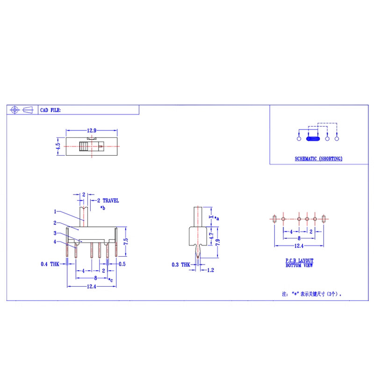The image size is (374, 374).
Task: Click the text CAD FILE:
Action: pos(50,110)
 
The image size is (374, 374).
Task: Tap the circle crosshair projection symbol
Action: pos(14,110)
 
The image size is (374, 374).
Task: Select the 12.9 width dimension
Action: pos(92,130)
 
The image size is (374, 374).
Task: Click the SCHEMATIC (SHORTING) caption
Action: pos(318,159)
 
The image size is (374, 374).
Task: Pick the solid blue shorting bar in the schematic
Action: pos(312,138)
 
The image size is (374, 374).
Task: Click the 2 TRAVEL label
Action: pos(108,201)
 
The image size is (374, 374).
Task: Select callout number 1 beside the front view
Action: pos(55,211)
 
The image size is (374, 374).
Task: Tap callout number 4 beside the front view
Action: pos(55,242)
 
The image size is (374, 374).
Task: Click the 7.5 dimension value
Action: pos(125,242)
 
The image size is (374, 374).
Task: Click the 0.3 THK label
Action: pos(181,265)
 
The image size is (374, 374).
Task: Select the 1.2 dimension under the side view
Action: pos(210,270)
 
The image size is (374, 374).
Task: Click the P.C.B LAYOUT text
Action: pos(300,260)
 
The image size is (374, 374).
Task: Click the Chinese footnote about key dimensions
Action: pos(315,295)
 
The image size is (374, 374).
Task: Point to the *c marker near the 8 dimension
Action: pos(110,280)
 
